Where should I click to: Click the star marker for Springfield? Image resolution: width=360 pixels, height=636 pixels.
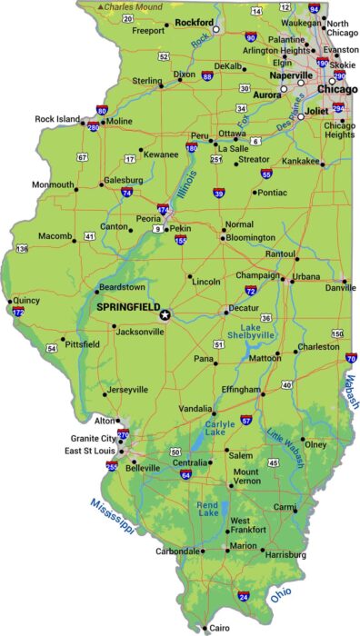(x=165, y=315)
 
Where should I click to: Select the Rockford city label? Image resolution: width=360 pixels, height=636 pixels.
(x=194, y=22)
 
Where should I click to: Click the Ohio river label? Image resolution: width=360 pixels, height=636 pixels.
(x=281, y=596)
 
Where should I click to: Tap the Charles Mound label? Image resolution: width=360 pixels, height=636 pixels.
(x=132, y=6)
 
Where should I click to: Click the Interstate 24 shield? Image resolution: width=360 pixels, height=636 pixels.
(x=243, y=596)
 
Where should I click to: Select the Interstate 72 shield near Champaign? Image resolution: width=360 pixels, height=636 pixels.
(x=250, y=291)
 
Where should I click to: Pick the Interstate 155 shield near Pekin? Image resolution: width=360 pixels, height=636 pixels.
(x=181, y=241)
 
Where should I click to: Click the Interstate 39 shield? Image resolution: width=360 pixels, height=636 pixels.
(x=218, y=193)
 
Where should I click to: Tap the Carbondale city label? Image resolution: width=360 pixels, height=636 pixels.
(x=178, y=552)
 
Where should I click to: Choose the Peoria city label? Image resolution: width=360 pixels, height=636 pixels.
(x=148, y=219)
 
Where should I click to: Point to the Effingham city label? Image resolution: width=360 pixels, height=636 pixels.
(x=241, y=386)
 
